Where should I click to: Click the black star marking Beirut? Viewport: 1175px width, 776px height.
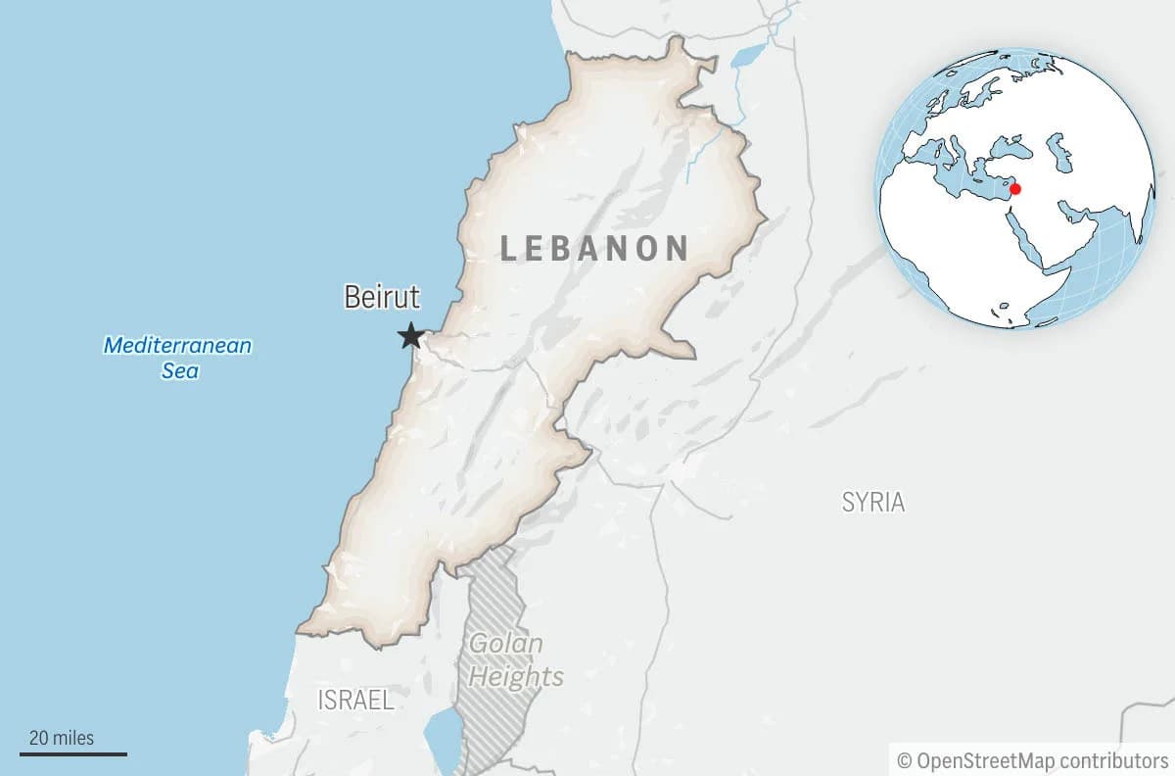[x=411, y=337]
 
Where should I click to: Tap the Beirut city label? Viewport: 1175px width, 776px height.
[x=382, y=298]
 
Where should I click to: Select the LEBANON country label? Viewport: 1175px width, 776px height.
[x=594, y=248]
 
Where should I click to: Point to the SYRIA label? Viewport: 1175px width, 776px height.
[x=873, y=503]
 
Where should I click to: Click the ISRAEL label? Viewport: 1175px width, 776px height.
[x=355, y=700]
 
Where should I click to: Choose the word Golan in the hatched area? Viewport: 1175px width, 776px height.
[x=505, y=644]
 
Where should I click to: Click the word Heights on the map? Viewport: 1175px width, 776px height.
[x=515, y=676]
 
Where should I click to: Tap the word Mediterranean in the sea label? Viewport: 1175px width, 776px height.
[x=177, y=345]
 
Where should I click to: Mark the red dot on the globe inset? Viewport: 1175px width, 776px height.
[x=1015, y=188]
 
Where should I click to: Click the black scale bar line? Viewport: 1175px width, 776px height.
[x=73, y=753]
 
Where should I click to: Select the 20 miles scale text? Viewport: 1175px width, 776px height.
[x=62, y=737]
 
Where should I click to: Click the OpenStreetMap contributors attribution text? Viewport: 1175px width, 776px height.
[x=1042, y=759]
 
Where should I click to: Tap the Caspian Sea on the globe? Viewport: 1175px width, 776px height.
[x=1058, y=152]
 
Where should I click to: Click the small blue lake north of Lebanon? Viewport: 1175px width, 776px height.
[x=748, y=55]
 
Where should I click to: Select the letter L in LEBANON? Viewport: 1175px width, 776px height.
[x=509, y=248]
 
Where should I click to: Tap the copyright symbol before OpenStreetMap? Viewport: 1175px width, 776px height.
[x=904, y=760]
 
